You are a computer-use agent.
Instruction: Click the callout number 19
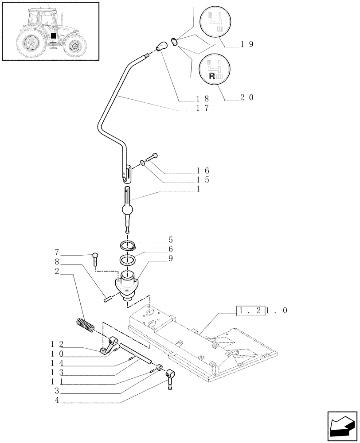pos(247,44)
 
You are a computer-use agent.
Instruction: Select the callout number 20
pos(247,98)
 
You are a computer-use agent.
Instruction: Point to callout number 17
pos(202,108)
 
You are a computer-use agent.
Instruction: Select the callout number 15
pos(203,180)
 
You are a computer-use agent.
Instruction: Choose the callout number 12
pos(56,344)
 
